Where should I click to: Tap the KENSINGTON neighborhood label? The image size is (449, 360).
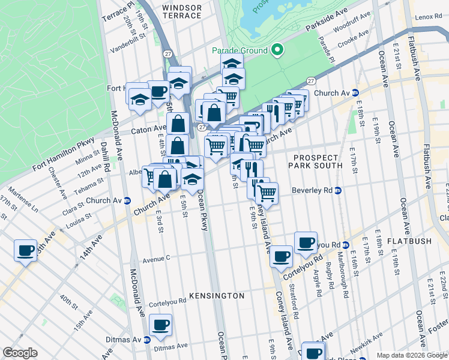coord(217,296)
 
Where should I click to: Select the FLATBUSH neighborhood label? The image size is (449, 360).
coord(409,241)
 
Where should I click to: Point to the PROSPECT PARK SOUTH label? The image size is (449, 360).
coord(316,161)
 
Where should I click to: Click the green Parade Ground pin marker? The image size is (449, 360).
coord(277,50)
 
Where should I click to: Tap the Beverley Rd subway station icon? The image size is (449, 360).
coord(338,191)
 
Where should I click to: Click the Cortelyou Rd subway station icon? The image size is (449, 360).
coord(346,245)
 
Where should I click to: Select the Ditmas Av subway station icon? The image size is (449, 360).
coord(147,340)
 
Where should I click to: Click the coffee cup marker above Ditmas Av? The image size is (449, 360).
coord(160,325)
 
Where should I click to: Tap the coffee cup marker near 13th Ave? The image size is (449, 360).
coord(25,250)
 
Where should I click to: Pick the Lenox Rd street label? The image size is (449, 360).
coord(428,17)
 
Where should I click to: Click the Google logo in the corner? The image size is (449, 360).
coord(20,353)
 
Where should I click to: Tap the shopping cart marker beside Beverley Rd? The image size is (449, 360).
coord(266,193)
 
